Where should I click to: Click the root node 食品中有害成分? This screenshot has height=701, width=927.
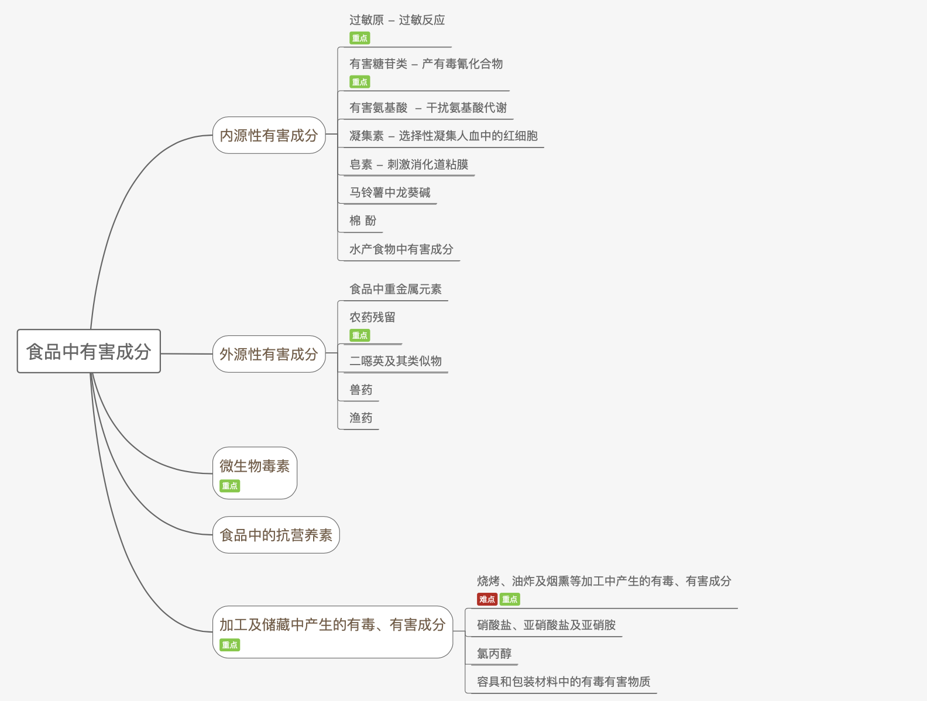click(88, 351)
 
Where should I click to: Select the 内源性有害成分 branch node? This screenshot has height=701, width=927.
click(269, 135)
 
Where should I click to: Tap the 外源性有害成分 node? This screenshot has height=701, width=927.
click(269, 354)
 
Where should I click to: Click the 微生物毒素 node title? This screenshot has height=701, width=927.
click(255, 466)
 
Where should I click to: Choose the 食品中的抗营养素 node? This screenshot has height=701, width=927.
click(276, 535)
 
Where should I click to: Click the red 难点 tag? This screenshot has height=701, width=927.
click(487, 599)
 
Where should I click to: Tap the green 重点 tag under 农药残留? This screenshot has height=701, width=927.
click(360, 335)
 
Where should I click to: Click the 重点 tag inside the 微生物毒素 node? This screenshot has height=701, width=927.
click(230, 486)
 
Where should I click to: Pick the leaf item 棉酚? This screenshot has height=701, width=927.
click(363, 221)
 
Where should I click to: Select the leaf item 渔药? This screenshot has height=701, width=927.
click(360, 418)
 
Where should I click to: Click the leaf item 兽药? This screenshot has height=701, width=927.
click(360, 390)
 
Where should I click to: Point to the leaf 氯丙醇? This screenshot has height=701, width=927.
click(494, 654)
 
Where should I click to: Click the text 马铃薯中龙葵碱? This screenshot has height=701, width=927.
click(390, 193)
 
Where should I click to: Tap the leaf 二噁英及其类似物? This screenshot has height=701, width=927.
click(396, 361)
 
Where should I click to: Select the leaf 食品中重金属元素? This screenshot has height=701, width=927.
click(396, 289)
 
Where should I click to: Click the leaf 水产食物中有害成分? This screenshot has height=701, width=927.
click(401, 249)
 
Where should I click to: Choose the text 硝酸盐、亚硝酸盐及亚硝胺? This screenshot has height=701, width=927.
click(546, 625)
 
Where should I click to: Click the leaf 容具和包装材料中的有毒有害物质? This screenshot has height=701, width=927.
click(564, 682)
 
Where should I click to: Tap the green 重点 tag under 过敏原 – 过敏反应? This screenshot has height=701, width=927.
click(360, 38)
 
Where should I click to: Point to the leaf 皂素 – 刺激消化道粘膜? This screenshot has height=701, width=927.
click(409, 164)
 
